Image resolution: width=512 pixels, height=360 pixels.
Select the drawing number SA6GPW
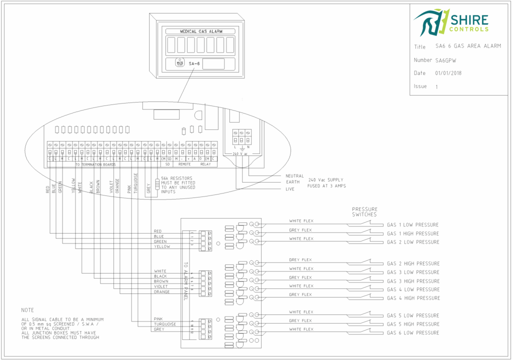(x=445, y=60)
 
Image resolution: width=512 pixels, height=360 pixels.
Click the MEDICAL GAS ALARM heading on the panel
(x=200, y=31)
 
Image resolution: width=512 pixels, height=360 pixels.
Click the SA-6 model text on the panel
(x=194, y=63)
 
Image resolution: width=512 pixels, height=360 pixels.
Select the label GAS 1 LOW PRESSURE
(x=413, y=225)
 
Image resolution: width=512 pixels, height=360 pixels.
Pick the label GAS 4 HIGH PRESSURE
(x=413, y=298)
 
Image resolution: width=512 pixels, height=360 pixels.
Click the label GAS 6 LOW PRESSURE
(x=413, y=332)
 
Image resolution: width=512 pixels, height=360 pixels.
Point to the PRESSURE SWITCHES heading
(x=364, y=212)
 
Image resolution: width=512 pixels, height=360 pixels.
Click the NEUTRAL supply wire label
(x=294, y=176)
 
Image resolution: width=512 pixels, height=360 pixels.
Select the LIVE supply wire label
(x=290, y=189)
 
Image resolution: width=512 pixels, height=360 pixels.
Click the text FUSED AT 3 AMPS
(x=327, y=185)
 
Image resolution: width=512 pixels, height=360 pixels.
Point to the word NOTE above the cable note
(x=27, y=310)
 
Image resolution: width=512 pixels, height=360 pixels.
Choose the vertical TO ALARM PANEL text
(x=185, y=280)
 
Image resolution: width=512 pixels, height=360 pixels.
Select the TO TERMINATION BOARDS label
(x=95, y=164)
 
